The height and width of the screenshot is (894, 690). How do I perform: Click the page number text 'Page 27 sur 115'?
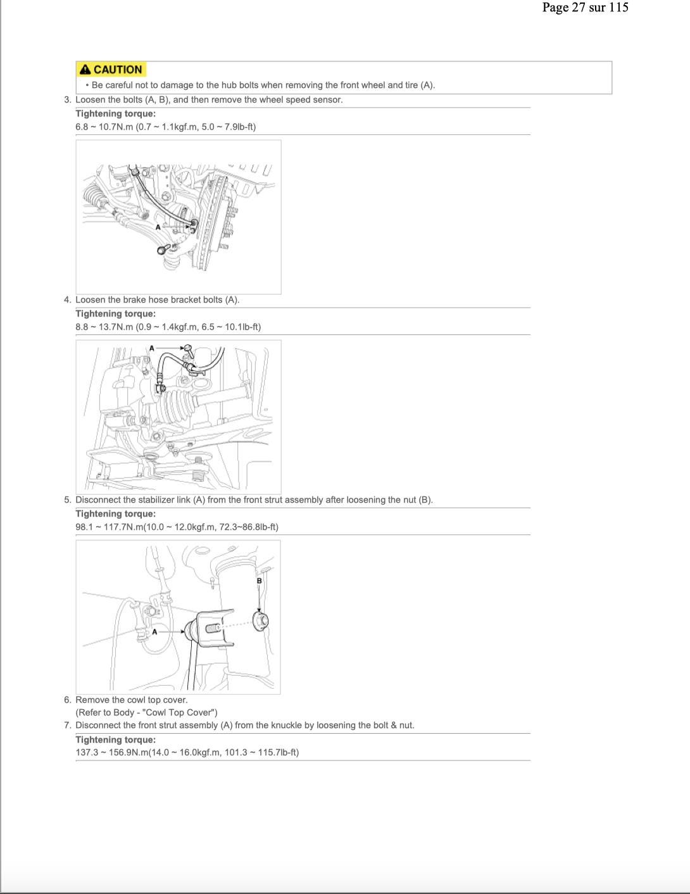585,8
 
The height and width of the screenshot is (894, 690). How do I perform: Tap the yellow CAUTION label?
111,70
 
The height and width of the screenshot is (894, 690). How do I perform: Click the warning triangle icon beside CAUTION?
85,70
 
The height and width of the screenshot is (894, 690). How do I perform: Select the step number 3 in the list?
68,100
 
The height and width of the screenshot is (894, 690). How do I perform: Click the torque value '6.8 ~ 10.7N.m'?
104,127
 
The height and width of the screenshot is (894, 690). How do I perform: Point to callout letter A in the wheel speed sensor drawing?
158,227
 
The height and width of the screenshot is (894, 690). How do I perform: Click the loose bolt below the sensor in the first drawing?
164,249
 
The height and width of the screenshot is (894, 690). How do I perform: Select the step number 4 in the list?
68,300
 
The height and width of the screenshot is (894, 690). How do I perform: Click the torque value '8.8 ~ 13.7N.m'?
104,327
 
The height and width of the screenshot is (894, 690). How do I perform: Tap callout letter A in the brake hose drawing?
152,348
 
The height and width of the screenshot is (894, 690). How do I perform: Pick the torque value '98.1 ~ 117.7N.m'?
109,527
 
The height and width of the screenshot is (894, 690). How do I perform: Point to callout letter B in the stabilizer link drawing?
259,581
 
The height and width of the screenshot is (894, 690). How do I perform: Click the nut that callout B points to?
261,621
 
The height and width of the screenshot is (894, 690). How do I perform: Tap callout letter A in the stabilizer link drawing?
154,631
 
